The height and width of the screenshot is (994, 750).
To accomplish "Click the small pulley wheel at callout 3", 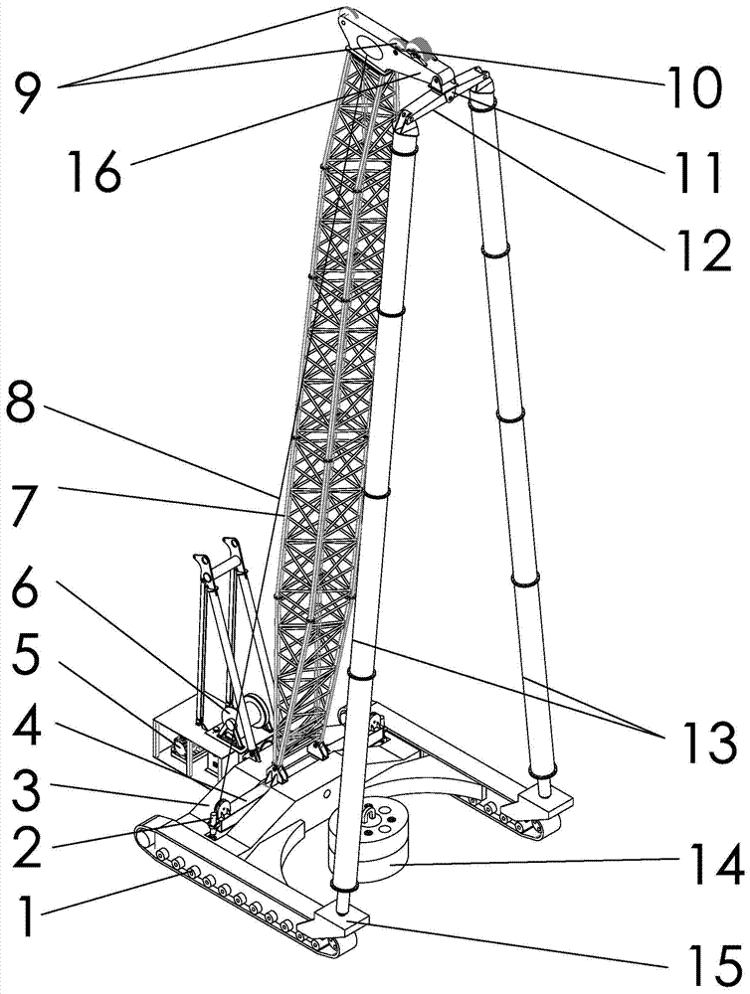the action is point(222,809).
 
